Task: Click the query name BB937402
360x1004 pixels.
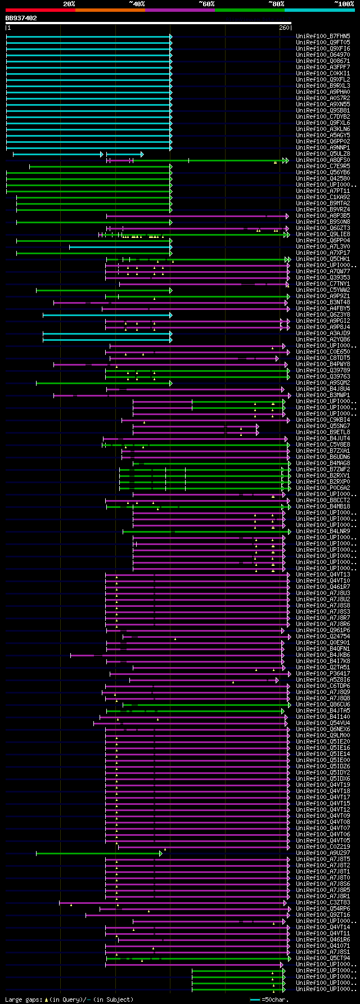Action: click(21, 18)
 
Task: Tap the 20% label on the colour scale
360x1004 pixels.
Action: click(69, 4)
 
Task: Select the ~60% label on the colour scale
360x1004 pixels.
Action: click(206, 4)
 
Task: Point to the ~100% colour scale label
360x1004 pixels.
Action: click(344, 4)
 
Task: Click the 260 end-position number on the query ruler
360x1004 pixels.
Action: click(283, 28)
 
